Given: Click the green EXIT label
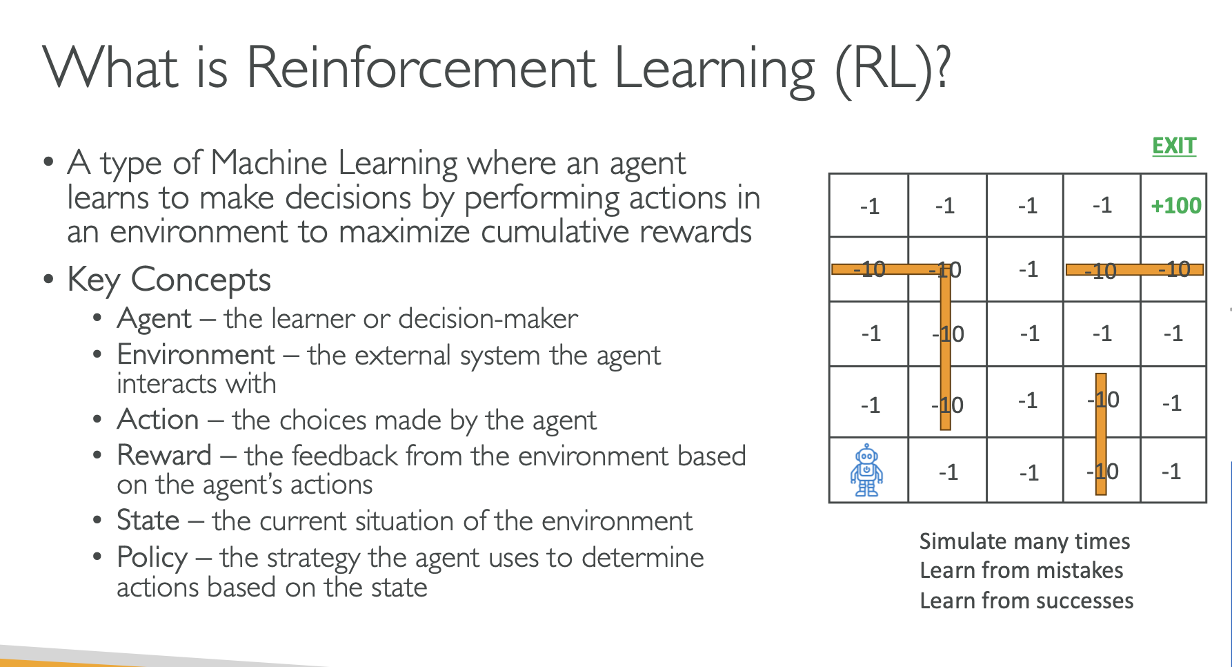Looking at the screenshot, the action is tap(1174, 146).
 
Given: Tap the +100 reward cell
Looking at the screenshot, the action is tap(1176, 206).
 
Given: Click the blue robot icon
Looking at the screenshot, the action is tap(866, 470).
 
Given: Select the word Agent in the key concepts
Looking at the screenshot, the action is tap(155, 319).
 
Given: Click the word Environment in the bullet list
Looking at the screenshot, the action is tap(196, 355).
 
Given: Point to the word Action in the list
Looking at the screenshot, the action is tap(158, 420).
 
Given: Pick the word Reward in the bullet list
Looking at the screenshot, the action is tap(164, 456).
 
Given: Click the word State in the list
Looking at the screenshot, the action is tap(148, 521).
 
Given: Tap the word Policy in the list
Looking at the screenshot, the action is tap(152, 558).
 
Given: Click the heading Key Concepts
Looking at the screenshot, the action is tap(169, 280).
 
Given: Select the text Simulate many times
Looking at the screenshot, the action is tap(1024, 541).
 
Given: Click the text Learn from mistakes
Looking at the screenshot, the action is tap(1021, 571).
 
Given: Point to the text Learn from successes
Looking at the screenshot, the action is tap(1026, 601).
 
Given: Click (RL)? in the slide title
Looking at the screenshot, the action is tap(893, 69).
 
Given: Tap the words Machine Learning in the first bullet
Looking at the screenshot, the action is tap(334, 164).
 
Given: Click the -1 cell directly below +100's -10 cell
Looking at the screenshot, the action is tap(1173, 334).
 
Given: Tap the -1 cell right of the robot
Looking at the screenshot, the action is tap(948, 472).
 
